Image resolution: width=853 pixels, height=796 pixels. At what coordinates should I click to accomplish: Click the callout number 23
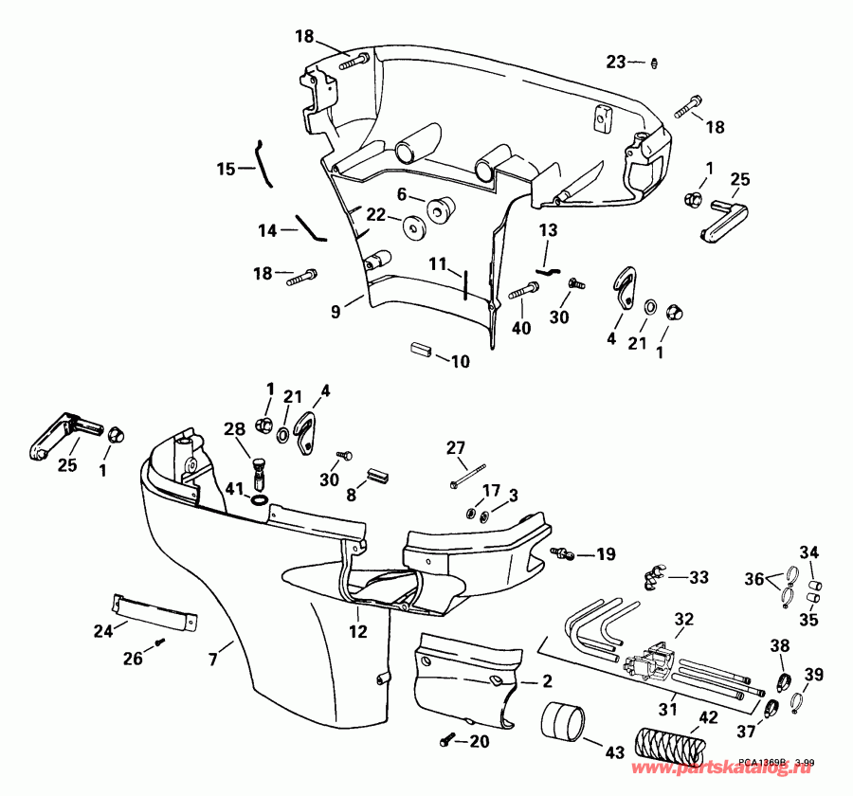click(616, 62)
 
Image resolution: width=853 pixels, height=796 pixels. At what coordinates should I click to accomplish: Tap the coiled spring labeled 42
click(670, 741)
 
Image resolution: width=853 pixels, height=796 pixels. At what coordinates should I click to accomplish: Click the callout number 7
click(212, 654)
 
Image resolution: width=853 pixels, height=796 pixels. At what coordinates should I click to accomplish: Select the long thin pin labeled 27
click(469, 476)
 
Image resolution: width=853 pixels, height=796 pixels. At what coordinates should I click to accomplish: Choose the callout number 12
click(357, 627)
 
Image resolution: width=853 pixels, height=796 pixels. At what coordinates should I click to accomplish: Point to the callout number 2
click(548, 681)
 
